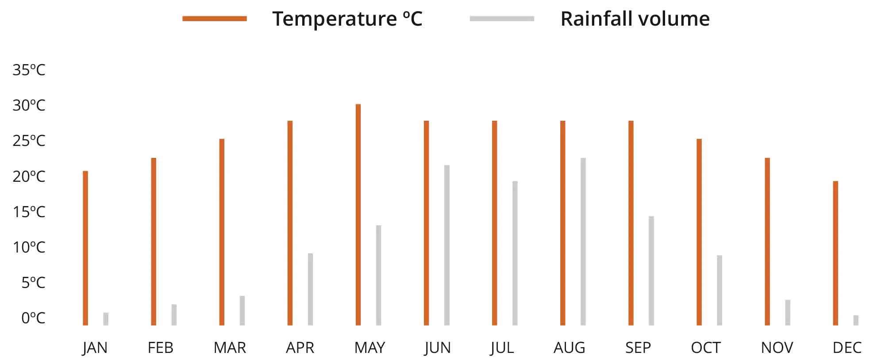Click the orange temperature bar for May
tap(358, 214)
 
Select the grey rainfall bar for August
tap(583, 241)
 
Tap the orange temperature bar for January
tap(85, 248)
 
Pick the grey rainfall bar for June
tap(447, 245)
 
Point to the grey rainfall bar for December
tap(856, 320)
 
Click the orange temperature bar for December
tap(835, 253)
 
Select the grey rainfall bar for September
tap(651, 271)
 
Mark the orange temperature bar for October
tap(699, 232)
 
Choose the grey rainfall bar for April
tap(311, 289)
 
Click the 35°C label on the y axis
tap(29, 70)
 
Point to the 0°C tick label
tap(33, 318)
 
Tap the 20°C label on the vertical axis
tap(29, 176)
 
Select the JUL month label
tap(502, 348)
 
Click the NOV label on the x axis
tap(777, 348)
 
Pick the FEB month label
tap(160, 348)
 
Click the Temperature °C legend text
tap(347, 19)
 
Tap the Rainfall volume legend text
tap(635, 19)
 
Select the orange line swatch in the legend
tap(215, 19)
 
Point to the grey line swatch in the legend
tap(502, 19)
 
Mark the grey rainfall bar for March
tap(242, 310)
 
